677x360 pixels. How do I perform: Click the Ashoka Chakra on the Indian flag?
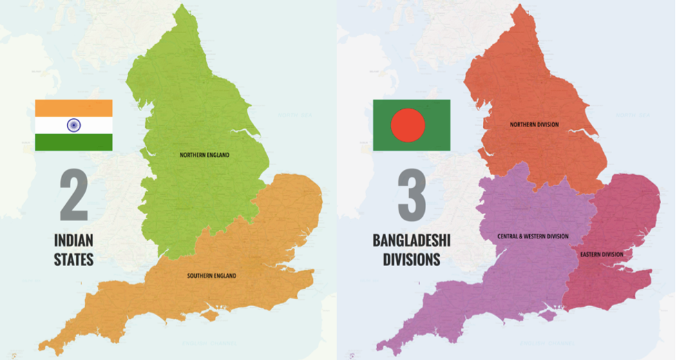pos(73,125)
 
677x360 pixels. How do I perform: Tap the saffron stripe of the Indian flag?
pos(73,108)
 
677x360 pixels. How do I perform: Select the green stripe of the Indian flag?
pos(73,142)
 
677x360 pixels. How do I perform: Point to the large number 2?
pos(73,197)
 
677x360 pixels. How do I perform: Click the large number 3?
pos(411,197)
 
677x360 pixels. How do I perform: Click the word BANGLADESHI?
pos(411,241)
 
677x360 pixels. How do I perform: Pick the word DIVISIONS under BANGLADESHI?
pos(411,260)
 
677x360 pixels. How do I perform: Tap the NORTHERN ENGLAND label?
pos(204,154)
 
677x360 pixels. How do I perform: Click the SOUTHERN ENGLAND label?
pos(211,276)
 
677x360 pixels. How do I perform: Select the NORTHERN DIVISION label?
pos(534,124)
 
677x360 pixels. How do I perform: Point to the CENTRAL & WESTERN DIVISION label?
pos(533,236)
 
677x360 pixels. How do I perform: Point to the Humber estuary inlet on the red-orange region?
pos(576,132)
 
